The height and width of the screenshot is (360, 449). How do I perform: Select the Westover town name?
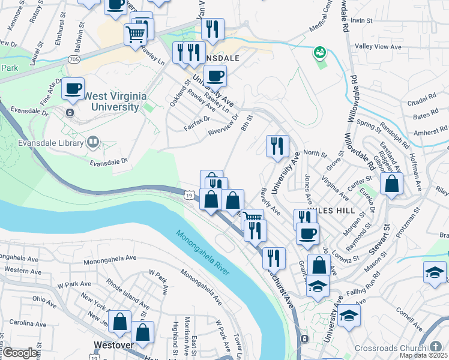click(113, 346)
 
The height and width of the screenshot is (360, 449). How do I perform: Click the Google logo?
click(19, 352)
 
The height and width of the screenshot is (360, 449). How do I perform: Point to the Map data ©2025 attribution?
click(423, 355)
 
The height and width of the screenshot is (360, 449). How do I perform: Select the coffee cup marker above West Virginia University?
click(73, 89)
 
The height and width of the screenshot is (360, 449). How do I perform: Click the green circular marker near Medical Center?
click(319, 53)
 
